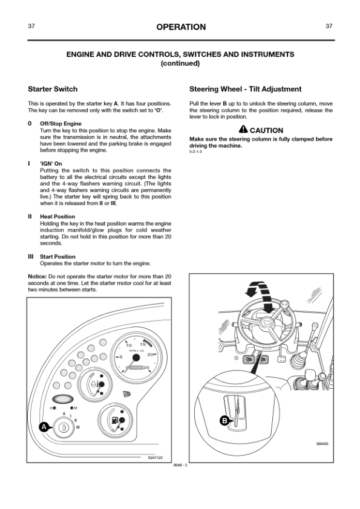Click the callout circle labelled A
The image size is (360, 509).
[44, 427]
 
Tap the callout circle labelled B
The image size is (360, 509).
[224, 421]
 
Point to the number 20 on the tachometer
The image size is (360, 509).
[150, 354]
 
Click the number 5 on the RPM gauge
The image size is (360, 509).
[121, 357]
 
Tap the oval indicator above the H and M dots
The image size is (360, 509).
[63, 398]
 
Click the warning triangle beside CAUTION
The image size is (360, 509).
[243, 129]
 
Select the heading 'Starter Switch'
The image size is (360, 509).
[53, 89]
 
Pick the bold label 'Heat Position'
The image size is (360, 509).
[57, 216]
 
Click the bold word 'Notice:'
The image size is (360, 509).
[38, 277]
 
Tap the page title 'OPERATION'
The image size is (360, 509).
[181, 27]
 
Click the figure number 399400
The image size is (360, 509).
[322, 444]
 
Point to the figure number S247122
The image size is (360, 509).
[155, 458]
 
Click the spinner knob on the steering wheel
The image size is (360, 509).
[285, 304]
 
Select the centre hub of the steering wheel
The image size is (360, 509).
[267, 323]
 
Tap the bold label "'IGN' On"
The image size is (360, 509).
[51, 164]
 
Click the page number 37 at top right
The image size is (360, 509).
[329, 26]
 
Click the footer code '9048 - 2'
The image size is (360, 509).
[181, 465]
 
